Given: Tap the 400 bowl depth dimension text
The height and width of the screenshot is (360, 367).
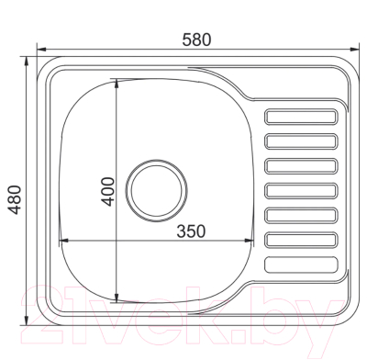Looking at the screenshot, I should [107, 190].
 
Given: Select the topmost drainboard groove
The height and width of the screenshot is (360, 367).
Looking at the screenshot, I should [301, 117].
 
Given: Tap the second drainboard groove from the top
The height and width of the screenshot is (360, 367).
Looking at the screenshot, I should [301, 141].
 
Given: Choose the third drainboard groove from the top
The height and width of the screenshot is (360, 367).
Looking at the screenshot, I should [301, 166].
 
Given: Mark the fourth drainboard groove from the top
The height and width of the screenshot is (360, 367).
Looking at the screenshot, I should [301, 191].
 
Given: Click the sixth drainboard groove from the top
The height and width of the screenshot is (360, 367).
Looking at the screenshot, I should [301, 240].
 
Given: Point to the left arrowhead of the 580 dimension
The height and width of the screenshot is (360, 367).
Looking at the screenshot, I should [39, 49].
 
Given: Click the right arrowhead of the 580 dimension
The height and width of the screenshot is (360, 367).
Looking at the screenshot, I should [356, 49].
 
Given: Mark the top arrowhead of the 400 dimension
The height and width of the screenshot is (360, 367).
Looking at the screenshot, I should [117, 81].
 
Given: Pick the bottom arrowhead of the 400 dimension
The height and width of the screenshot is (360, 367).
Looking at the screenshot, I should [117, 298].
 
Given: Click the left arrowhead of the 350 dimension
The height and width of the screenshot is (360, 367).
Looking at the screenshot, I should [61, 241].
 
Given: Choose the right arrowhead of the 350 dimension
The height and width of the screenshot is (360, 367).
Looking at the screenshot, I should [250, 241].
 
